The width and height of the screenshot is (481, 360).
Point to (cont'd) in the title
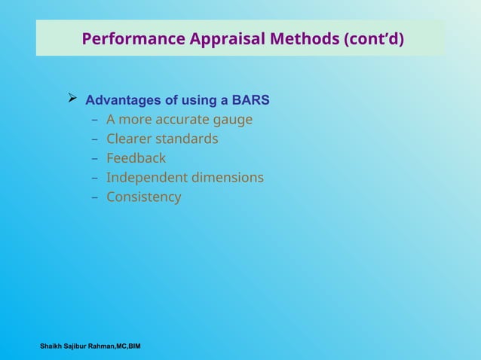pos(373,38)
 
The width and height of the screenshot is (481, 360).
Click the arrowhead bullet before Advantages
pos(73,99)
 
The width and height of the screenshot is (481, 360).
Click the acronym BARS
pos(250,100)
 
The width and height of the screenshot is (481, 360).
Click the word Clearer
pos(129,139)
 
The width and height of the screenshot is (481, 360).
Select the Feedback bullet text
pos(136,158)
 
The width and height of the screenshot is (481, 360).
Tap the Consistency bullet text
pos(143,197)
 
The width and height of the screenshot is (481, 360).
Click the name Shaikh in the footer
pos(53,346)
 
